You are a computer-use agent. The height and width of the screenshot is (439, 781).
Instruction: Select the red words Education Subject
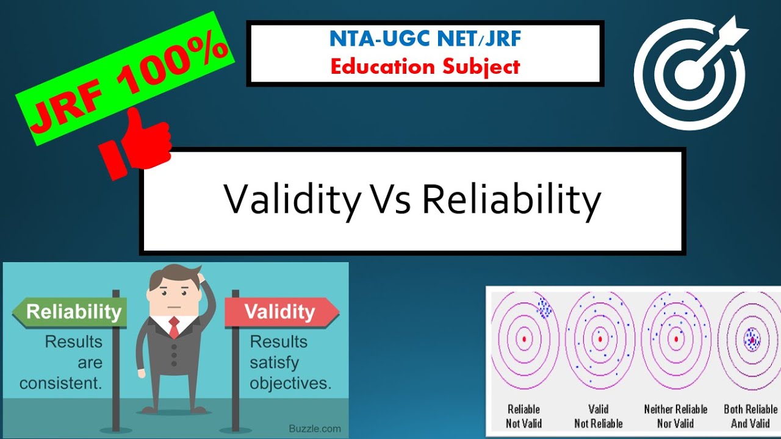pyautogui.click(x=425, y=66)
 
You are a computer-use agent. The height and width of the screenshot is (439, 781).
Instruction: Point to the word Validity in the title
pyautogui.click(x=292, y=199)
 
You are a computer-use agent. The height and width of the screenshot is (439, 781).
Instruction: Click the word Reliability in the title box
pyautogui.click(x=511, y=199)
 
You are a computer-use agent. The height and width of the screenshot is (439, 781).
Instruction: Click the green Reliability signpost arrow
pyautogui.click(x=70, y=312)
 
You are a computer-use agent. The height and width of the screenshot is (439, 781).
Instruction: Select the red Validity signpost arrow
pyautogui.click(x=281, y=312)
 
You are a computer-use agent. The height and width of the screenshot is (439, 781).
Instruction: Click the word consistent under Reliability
pyautogui.click(x=61, y=384)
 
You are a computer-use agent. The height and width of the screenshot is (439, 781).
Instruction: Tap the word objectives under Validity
pyautogui.click(x=290, y=384)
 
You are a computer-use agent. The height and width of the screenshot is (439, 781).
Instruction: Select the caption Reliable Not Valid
pyautogui.click(x=524, y=416)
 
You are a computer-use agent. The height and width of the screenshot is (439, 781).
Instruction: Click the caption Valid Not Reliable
pyautogui.click(x=599, y=416)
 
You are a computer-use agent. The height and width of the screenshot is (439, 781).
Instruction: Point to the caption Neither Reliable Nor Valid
pyautogui.click(x=675, y=416)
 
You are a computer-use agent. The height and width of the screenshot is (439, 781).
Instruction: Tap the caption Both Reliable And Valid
pyautogui.click(x=750, y=416)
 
